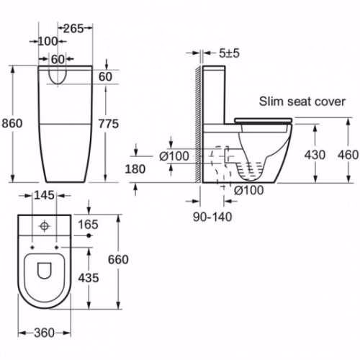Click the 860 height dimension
(12, 123)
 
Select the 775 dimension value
(109, 124)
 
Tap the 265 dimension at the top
(73, 29)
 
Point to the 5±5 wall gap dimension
(229, 53)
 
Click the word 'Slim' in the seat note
(271, 102)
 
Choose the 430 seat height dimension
(315, 155)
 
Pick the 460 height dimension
(348, 155)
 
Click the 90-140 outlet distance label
(212, 217)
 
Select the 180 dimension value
(135, 169)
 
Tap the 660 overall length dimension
(118, 260)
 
